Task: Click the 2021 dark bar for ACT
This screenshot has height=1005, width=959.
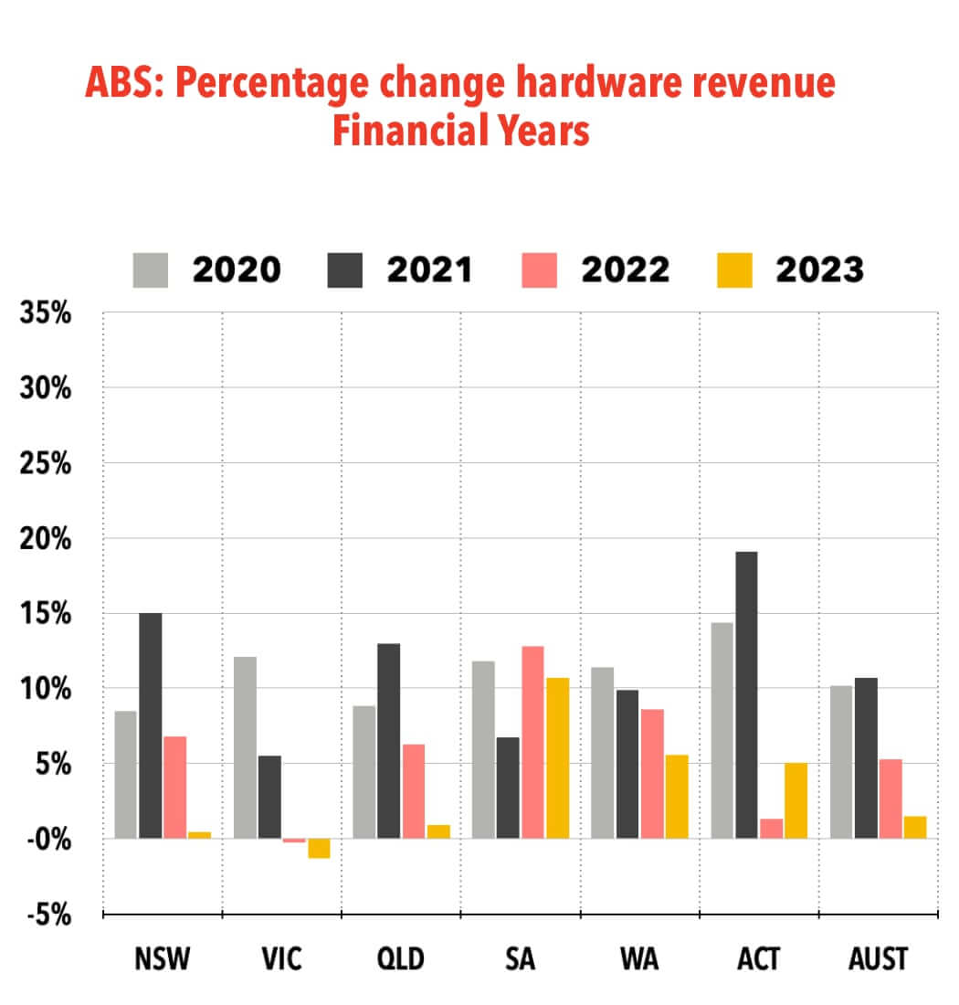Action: click(746, 694)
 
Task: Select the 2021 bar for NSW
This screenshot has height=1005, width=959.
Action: click(150, 725)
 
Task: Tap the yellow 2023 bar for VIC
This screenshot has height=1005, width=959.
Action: click(319, 848)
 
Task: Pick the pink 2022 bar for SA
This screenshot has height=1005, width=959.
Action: click(532, 742)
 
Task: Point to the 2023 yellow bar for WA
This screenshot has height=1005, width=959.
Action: click(676, 796)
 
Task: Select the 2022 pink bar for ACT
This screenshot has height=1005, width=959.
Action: click(771, 828)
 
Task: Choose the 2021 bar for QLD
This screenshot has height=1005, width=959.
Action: click(388, 740)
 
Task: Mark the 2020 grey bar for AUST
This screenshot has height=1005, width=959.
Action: click(841, 761)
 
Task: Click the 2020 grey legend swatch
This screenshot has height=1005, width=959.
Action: click(151, 270)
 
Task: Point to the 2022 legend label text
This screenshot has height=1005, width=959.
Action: click(625, 270)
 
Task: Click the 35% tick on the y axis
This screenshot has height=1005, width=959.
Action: click(46, 313)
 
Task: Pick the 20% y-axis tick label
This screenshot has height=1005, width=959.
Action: click(46, 538)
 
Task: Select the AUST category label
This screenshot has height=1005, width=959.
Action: click(878, 960)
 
